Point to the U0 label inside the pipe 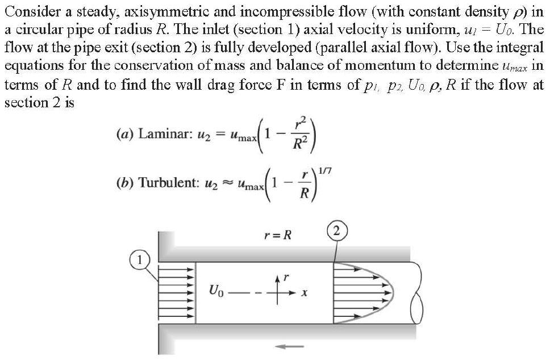(216, 295)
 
